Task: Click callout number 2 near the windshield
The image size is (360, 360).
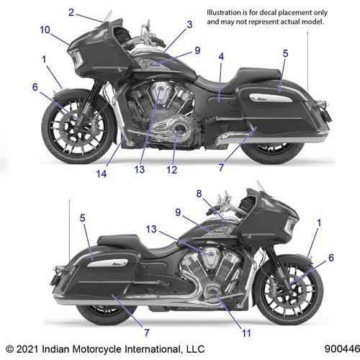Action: pyautogui.click(x=71, y=12)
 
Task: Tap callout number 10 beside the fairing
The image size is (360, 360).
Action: pyautogui.click(x=45, y=30)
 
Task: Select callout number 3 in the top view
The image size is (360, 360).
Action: pyautogui.click(x=189, y=24)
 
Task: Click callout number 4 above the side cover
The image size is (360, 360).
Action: pyautogui.click(x=221, y=57)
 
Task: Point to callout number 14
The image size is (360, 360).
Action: pyautogui.click(x=102, y=174)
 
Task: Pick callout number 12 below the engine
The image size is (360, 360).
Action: pyautogui.click(x=172, y=170)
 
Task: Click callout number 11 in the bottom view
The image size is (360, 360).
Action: pyautogui.click(x=246, y=333)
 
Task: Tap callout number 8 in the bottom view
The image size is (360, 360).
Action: pyautogui.click(x=199, y=194)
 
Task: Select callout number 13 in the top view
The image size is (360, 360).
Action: pyautogui.click(x=140, y=169)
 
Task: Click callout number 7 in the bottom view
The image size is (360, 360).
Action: pyautogui.click(x=147, y=333)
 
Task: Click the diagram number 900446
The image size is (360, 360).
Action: pyautogui.click(x=343, y=348)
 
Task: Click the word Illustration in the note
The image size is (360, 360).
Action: pyautogui.click(x=224, y=12)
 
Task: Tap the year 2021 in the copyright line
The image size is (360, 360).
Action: pyautogui.click(x=27, y=349)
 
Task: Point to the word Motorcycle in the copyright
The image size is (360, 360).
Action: pyautogui.click(x=98, y=349)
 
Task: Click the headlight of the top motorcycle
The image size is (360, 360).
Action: pyautogui.click(x=77, y=58)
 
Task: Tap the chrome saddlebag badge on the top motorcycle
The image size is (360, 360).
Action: pyautogui.click(x=271, y=98)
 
